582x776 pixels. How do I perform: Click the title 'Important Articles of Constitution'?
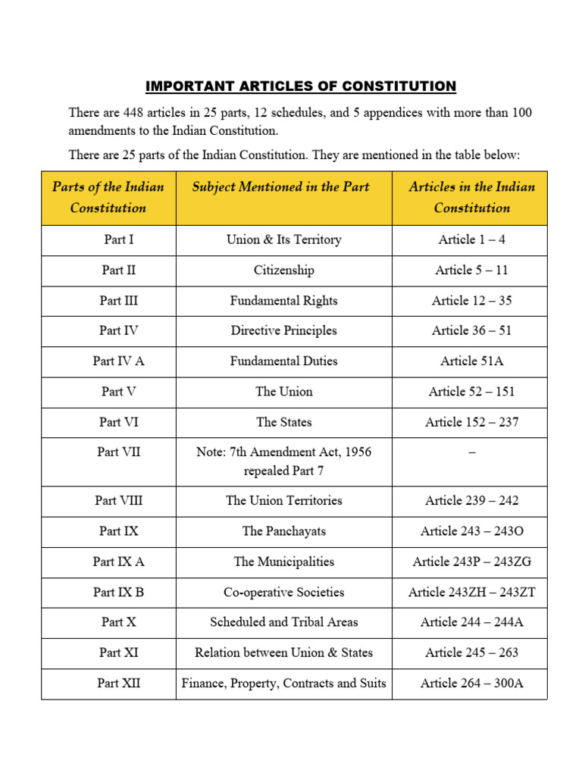point(300,86)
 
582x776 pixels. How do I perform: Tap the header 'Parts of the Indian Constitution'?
point(108,197)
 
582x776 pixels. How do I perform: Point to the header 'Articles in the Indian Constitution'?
point(471,197)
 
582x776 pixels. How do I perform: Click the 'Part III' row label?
point(119,300)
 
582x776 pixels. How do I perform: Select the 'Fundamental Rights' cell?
point(283,300)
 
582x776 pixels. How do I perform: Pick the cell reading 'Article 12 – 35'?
point(471,300)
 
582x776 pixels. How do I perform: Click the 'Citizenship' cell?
point(283,270)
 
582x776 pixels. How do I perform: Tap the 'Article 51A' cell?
point(471,361)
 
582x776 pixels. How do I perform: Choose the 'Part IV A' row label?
point(119,361)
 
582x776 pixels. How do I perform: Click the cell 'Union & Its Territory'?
point(283,239)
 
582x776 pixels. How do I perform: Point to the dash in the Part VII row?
point(471,452)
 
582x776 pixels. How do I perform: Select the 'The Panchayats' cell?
point(283,531)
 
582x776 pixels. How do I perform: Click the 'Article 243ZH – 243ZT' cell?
point(471,592)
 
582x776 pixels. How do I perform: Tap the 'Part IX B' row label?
point(119,592)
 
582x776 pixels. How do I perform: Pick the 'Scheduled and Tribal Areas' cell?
point(283,622)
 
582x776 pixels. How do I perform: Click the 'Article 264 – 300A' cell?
point(471,683)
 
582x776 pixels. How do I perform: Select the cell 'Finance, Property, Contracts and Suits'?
point(283,683)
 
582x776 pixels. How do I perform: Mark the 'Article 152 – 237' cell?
point(471,422)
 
